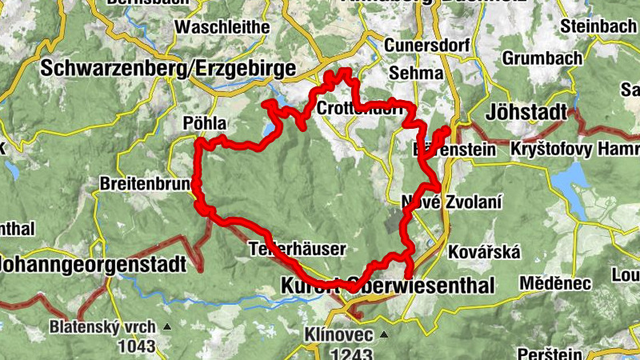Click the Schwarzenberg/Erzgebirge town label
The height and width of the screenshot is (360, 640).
pos(167,68)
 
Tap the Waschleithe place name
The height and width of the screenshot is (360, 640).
pos(222,27)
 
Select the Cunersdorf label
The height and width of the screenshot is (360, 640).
pos(426,46)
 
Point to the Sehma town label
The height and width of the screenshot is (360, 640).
pos(415,74)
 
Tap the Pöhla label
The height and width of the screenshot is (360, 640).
pos(206,124)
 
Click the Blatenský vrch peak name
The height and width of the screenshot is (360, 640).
pos(105,327)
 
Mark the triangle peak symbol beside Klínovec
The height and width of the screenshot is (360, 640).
pos(383,334)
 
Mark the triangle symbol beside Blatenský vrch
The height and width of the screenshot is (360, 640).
pos(167,327)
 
